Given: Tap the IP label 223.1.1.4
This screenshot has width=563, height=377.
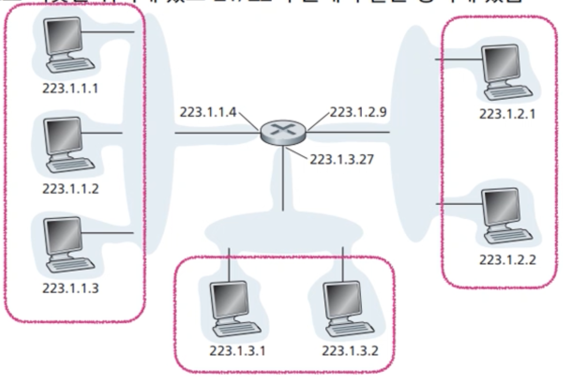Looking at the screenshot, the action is pos(208,112).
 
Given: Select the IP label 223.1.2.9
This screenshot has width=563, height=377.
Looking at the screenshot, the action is pos(357,112).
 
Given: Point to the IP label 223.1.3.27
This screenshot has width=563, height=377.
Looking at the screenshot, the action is pos(342,159).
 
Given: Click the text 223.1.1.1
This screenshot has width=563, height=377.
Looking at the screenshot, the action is pos(70,89).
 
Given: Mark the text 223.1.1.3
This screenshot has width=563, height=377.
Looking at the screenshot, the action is pos(70,288).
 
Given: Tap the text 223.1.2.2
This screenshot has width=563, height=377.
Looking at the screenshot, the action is pos(507,260).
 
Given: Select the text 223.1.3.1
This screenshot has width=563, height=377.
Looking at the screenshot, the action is pos(237,351).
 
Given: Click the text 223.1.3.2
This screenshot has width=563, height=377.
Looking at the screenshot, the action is pos(350,351).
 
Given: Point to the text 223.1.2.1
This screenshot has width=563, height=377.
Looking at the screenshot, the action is pos(507,114).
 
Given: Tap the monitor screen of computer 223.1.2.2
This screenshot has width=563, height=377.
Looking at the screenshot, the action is pos(501,205).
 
